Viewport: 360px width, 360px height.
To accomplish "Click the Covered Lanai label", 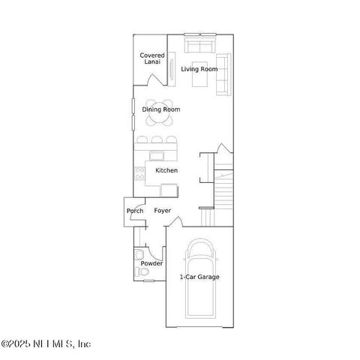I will (152, 58).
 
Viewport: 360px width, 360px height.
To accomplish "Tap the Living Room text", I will (199, 69).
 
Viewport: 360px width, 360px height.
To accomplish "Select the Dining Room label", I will (161, 109).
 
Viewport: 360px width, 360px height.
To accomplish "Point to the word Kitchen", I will (166, 171).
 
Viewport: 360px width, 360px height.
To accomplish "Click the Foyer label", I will (162, 211).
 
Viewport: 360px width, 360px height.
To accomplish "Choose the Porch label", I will (135, 211).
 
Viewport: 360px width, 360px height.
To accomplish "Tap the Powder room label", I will (152, 263).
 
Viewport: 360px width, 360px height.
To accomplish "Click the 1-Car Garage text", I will (199, 277).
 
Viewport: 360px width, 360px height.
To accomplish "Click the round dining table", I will (159, 109).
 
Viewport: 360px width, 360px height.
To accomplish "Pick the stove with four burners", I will (139, 175).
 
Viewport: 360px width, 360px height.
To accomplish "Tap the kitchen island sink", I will (157, 155).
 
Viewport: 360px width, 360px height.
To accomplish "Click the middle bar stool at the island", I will (157, 139).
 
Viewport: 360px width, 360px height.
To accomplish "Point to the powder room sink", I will (139, 255).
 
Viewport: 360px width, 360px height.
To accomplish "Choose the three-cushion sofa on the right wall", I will (223, 75).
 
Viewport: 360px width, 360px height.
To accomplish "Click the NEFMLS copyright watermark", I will (46, 343).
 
